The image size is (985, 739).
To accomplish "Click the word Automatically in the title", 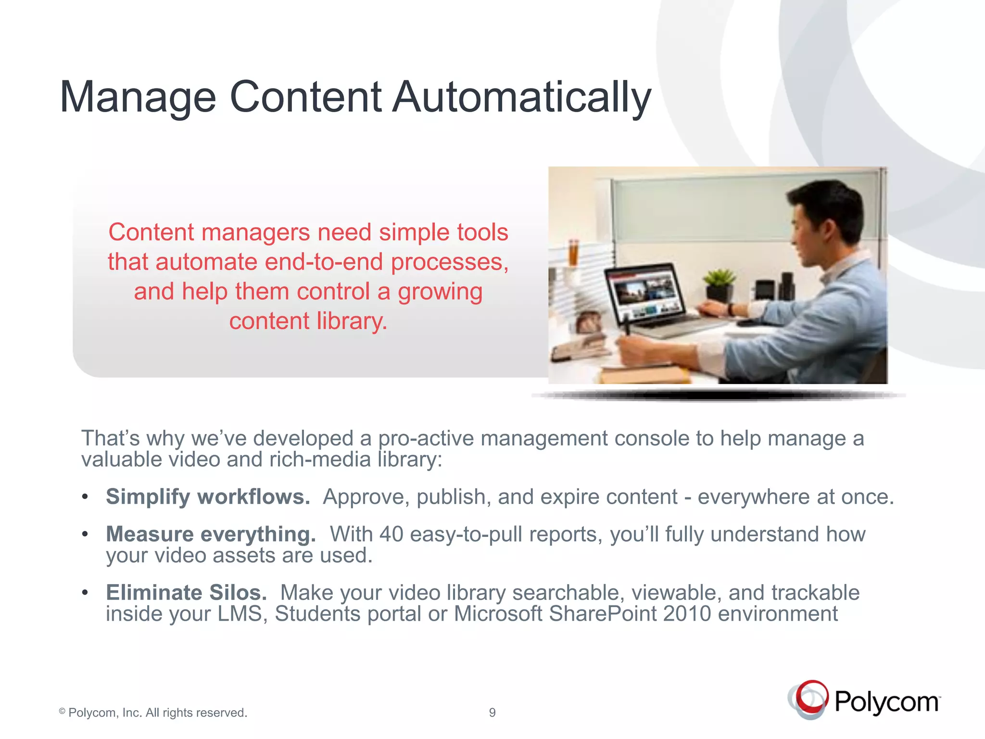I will [x=522, y=98].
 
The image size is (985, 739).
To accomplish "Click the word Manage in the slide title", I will [x=138, y=98].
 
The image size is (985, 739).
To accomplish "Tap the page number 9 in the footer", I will [x=492, y=713].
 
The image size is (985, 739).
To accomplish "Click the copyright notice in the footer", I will [x=153, y=713].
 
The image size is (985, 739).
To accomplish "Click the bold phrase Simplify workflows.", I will [x=208, y=497].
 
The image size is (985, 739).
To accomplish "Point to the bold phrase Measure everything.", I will [x=211, y=535].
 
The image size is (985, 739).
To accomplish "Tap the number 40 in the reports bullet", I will [x=391, y=535].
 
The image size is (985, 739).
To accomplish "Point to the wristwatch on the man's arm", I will [x=732, y=309].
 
